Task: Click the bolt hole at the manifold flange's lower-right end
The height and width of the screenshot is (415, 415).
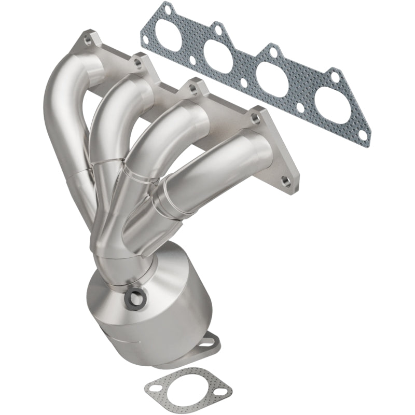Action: pyautogui.click(x=285, y=182)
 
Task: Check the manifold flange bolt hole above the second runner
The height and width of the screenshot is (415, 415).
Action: pyautogui.click(x=138, y=64)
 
